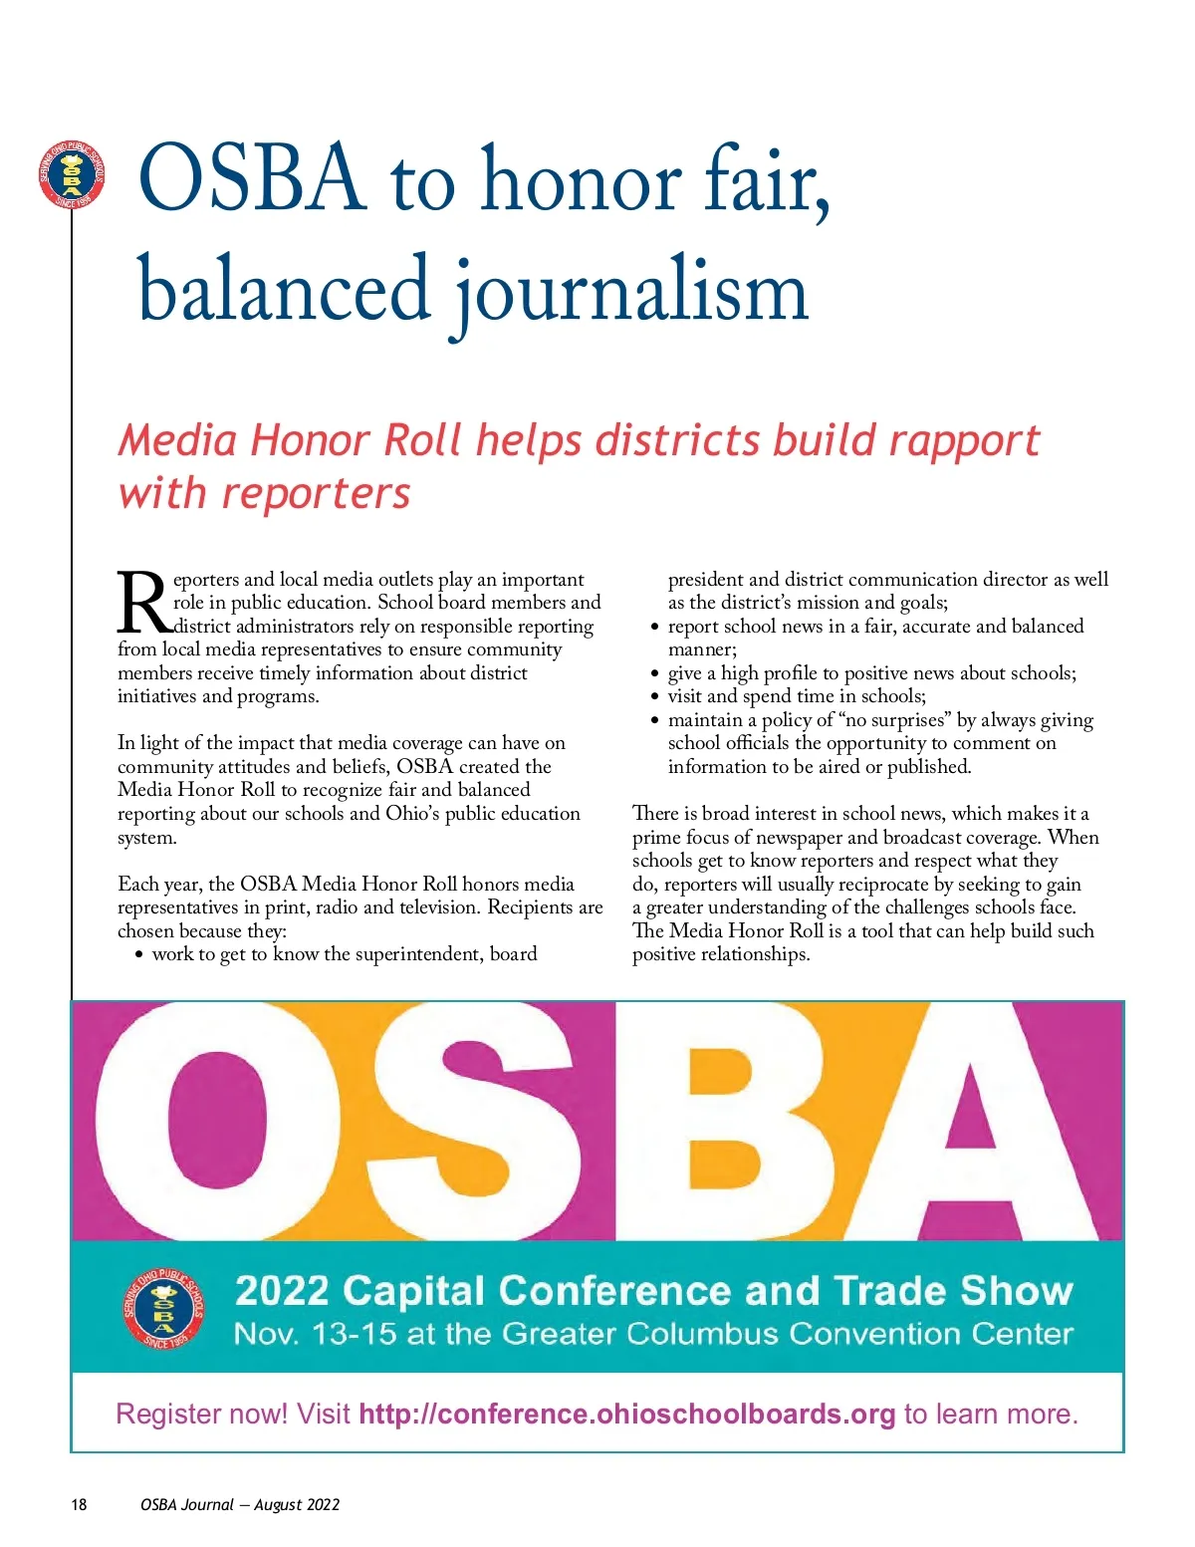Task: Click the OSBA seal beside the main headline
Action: [72, 175]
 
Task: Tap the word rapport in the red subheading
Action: [963, 440]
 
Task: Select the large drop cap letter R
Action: [143, 604]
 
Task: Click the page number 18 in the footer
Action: [79, 1504]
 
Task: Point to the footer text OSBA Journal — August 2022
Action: [240, 1504]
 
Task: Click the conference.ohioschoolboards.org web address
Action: [626, 1414]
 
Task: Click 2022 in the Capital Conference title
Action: [282, 1291]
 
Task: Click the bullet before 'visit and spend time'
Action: [654, 697]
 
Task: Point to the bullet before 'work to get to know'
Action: [138, 955]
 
